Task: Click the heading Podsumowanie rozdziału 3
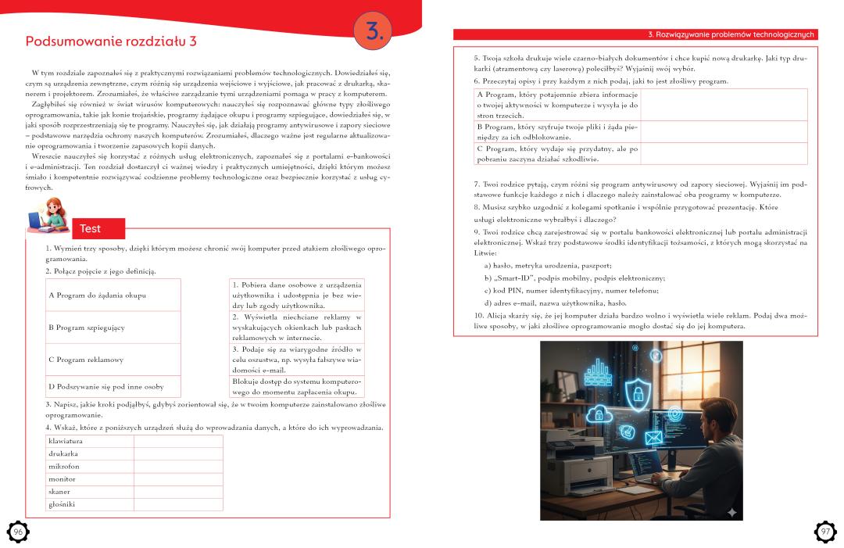[x=111, y=41]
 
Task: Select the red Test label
[x=90, y=228]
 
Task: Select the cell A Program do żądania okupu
[x=113, y=295]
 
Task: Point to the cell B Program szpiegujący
[x=113, y=328]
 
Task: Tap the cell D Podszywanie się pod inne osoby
[x=113, y=386]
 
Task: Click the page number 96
[x=18, y=532]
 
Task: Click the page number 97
[x=825, y=532]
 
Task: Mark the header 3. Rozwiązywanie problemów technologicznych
[x=731, y=34]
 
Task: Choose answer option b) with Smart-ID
[x=574, y=278]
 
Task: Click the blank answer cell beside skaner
[x=178, y=492]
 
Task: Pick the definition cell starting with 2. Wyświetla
[x=297, y=327]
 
